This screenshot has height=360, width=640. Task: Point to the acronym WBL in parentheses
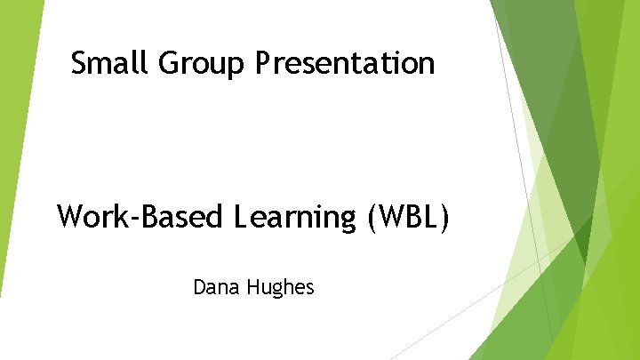409,216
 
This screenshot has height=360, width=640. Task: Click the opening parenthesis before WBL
371,217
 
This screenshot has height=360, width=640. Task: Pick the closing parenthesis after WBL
444,217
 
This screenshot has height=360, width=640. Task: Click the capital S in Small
79,63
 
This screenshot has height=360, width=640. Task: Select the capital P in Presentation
263,63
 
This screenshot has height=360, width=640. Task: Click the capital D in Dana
199,287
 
